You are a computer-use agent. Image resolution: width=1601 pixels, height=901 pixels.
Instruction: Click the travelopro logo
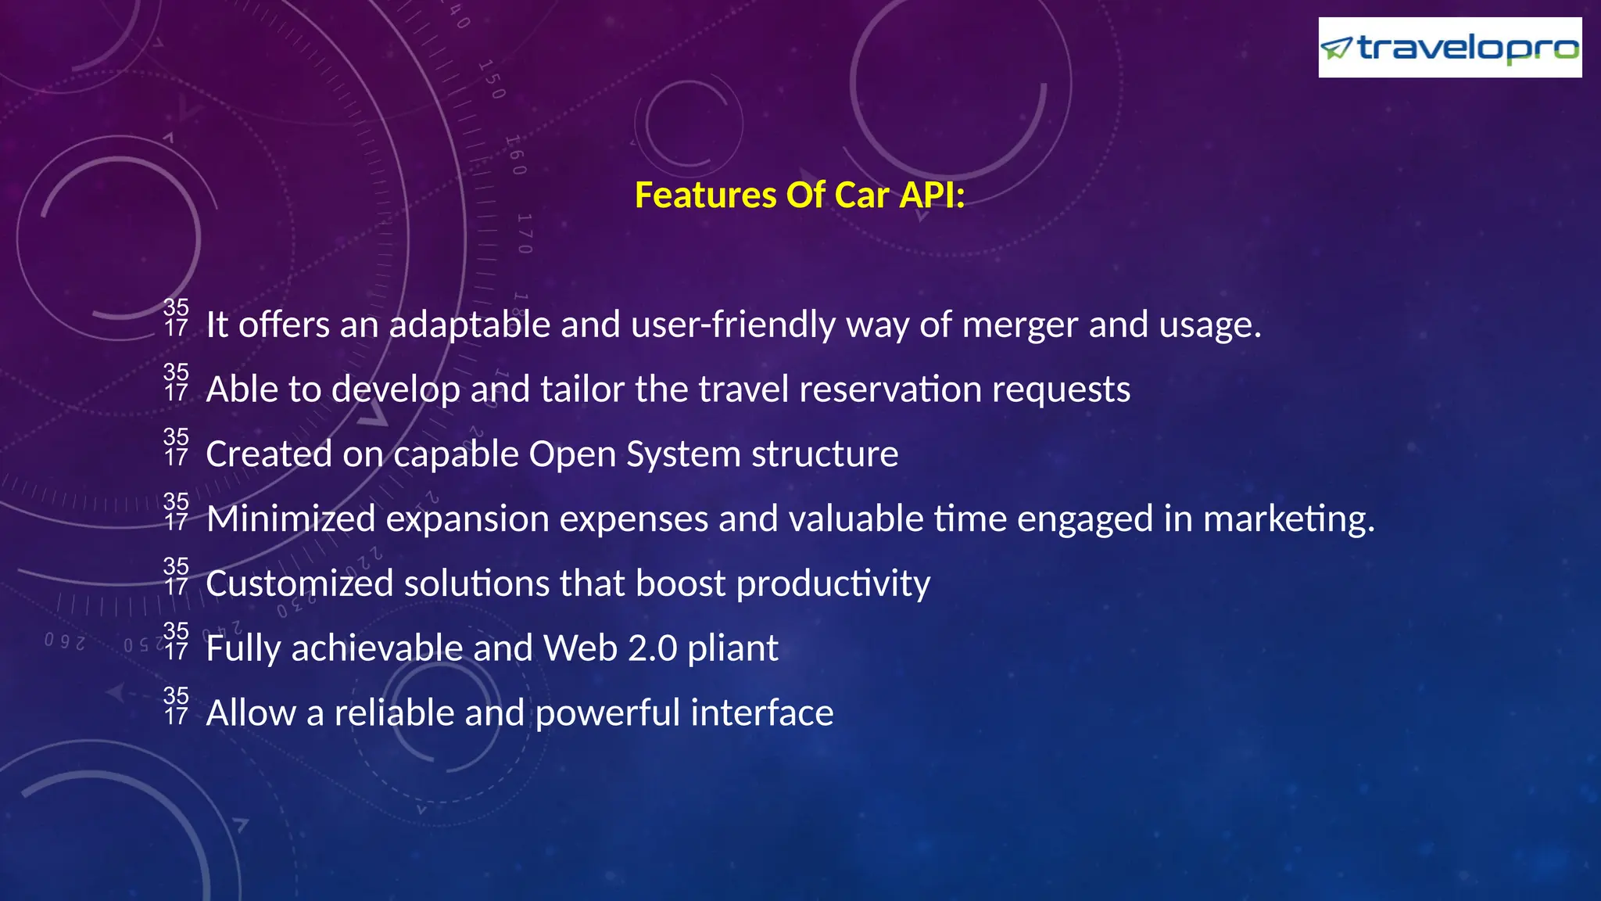click(1449, 48)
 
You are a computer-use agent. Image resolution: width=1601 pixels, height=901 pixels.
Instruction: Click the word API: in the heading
click(932, 195)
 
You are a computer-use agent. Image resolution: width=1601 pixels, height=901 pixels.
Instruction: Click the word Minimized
click(291, 519)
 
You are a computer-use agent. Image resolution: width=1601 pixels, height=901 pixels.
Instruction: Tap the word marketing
click(1288, 519)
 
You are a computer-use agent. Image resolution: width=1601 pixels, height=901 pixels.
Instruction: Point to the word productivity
click(833, 584)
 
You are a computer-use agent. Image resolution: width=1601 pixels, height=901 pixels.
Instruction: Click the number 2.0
click(652, 649)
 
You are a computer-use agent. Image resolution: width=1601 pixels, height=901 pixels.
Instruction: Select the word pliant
click(732, 649)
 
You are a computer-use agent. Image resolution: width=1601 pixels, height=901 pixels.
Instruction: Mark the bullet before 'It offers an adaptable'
click(176, 318)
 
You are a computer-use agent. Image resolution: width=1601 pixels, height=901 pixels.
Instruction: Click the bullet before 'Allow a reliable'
click(176, 705)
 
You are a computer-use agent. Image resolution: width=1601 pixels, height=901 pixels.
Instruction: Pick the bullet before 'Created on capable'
click(176, 447)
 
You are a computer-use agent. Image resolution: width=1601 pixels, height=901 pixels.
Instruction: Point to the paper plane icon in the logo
click(1337, 48)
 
